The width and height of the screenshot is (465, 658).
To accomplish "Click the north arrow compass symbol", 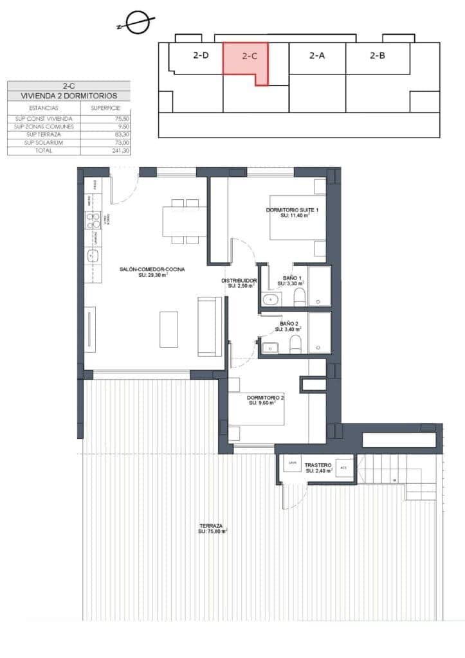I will coord(136,24).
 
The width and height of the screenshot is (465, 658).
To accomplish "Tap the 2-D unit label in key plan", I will coord(201,55).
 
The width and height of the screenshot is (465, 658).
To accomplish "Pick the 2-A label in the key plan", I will coord(316,55).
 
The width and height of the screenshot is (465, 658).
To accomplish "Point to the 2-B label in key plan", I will coord(378,55).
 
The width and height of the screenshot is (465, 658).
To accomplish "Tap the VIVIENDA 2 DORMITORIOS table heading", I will coord(69,96).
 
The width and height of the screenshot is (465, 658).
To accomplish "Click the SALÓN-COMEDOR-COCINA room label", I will coord(152,270).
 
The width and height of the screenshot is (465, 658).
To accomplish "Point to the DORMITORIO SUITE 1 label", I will coord(292,211).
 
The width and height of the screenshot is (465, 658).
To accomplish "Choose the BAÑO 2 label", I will coord(288,325).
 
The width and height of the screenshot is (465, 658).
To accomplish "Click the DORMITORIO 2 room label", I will coord(266,398).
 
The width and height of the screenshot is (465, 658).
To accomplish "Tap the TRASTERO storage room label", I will coord(318,465).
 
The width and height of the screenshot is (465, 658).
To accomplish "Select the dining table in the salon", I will coord(185,222).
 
